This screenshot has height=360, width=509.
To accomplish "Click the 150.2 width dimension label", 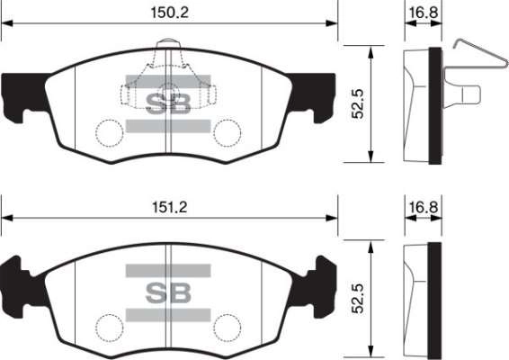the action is pyautogui.click(x=169, y=13).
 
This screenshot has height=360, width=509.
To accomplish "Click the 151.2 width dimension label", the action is pyautogui.click(x=169, y=207).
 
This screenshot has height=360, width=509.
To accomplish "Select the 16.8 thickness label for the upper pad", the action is pyautogui.click(x=423, y=13).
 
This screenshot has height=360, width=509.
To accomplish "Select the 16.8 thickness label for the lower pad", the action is pyautogui.click(x=423, y=207).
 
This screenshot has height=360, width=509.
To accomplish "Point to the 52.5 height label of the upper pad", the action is pyautogui.click(x=359, y=103).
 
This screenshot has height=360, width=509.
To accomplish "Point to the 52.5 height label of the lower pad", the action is pyautogui.click(x=359, y=299).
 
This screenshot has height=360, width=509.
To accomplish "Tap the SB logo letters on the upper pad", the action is pyautogui.click(x=168, y=103).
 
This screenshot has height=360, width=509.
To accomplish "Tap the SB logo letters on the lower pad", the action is pyautogui.click(x=168, y=292).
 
